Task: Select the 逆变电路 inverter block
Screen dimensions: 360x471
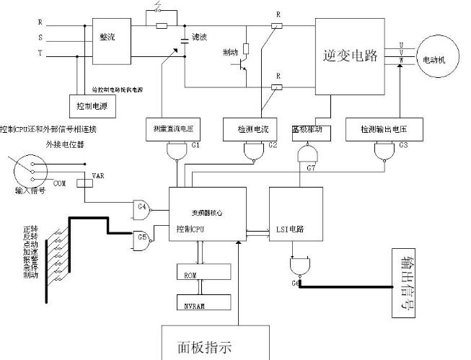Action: click(352, 56)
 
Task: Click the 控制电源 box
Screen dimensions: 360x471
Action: click(92, 105)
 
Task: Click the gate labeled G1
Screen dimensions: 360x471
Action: click(175, 152)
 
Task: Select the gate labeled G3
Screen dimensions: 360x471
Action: click(384, 152)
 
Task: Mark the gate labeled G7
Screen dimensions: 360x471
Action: click(307, 154)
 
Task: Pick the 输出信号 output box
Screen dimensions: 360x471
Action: click(411, 283)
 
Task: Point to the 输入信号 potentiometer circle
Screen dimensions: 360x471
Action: click(29, 172)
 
